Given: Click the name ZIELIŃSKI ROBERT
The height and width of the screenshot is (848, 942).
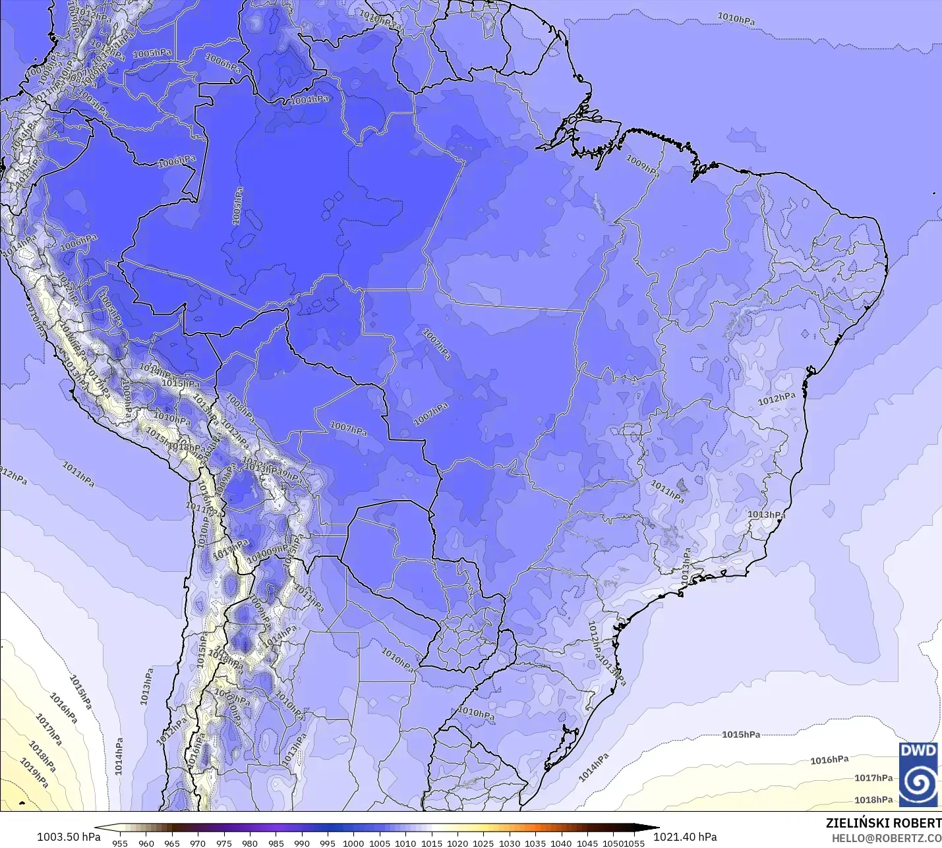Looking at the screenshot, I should click(883, 823).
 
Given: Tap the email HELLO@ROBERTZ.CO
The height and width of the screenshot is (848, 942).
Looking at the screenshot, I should click(886, 838).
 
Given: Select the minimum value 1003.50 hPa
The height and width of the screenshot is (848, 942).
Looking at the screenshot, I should click(69, 837).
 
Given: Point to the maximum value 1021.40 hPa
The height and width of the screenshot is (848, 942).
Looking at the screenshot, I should click(685, 837).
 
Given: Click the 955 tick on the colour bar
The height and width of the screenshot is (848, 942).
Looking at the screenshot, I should click(120, 843).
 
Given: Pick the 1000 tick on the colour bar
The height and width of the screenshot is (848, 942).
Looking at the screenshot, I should click(353, 843).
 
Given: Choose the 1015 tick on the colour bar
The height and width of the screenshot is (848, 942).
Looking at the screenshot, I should click(431, 843).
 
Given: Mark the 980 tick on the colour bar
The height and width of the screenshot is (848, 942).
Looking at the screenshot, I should click(250, 843).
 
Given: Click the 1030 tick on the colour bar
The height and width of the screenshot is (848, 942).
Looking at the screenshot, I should click(509, 843).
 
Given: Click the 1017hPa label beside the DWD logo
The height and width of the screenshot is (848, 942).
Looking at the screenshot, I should click(873, 778).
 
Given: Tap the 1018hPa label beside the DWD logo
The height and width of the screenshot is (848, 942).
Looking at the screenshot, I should click(873, 800).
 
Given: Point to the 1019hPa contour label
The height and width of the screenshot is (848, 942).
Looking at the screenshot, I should click(34, 773).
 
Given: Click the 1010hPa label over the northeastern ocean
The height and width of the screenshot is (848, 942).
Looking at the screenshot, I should click(736, 18).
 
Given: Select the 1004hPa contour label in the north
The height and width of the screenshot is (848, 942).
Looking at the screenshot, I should click(309, 100).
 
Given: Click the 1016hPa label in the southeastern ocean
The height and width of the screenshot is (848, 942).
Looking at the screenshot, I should click(829, 760).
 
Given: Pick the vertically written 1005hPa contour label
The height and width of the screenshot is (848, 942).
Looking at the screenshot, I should click(237, 206).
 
